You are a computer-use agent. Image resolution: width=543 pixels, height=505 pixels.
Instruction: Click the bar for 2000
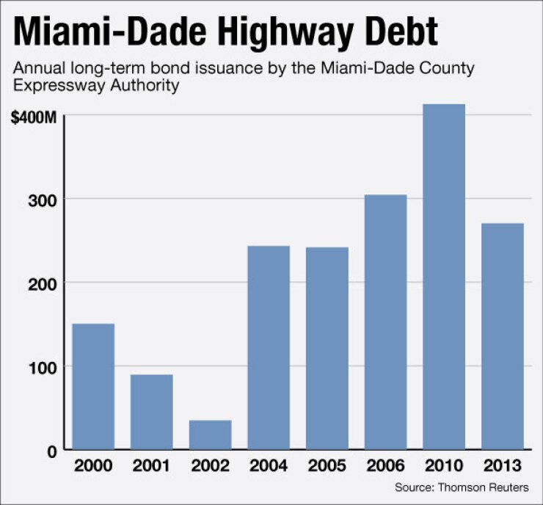[x=92, y=387]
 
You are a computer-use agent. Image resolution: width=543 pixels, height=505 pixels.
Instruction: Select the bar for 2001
[x=151, y=412]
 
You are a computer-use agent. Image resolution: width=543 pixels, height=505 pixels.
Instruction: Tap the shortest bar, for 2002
[x=210, y=435]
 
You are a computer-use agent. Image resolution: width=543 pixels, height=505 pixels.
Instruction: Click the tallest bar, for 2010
[x=444, y=277]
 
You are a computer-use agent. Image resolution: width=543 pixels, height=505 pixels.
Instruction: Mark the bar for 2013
[x=503, y=336]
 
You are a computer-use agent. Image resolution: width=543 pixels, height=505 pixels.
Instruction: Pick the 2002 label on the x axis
[x=210, y=466]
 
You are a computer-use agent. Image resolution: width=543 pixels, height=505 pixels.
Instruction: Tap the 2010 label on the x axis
[x=444, y=466]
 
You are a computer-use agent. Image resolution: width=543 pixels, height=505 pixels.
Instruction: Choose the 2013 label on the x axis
[x=503, y=466]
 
